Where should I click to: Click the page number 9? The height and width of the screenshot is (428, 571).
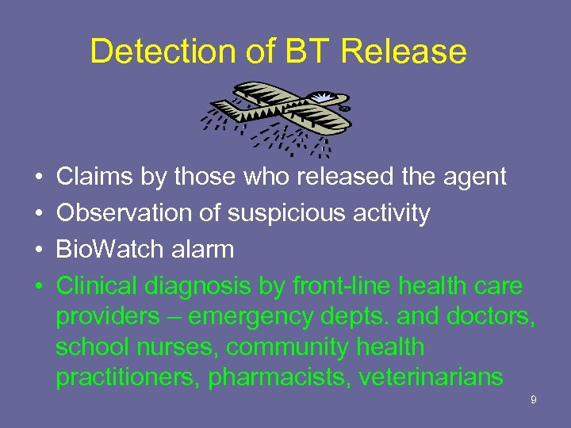[533, 400]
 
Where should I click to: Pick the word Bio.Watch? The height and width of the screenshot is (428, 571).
[105, 250]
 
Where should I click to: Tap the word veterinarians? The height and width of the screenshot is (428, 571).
[431, 377]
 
